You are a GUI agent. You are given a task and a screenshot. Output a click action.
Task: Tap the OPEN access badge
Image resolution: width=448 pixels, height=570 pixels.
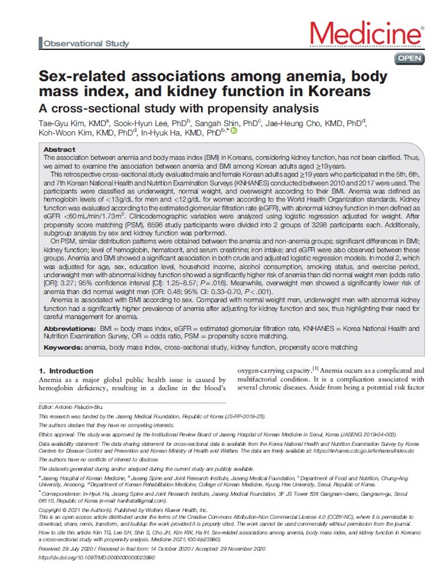pos(410,58)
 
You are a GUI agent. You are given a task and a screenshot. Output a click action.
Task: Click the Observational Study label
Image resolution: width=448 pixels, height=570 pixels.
pos(86,44)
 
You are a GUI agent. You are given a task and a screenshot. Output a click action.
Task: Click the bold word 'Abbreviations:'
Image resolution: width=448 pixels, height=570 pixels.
pos(70,326)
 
